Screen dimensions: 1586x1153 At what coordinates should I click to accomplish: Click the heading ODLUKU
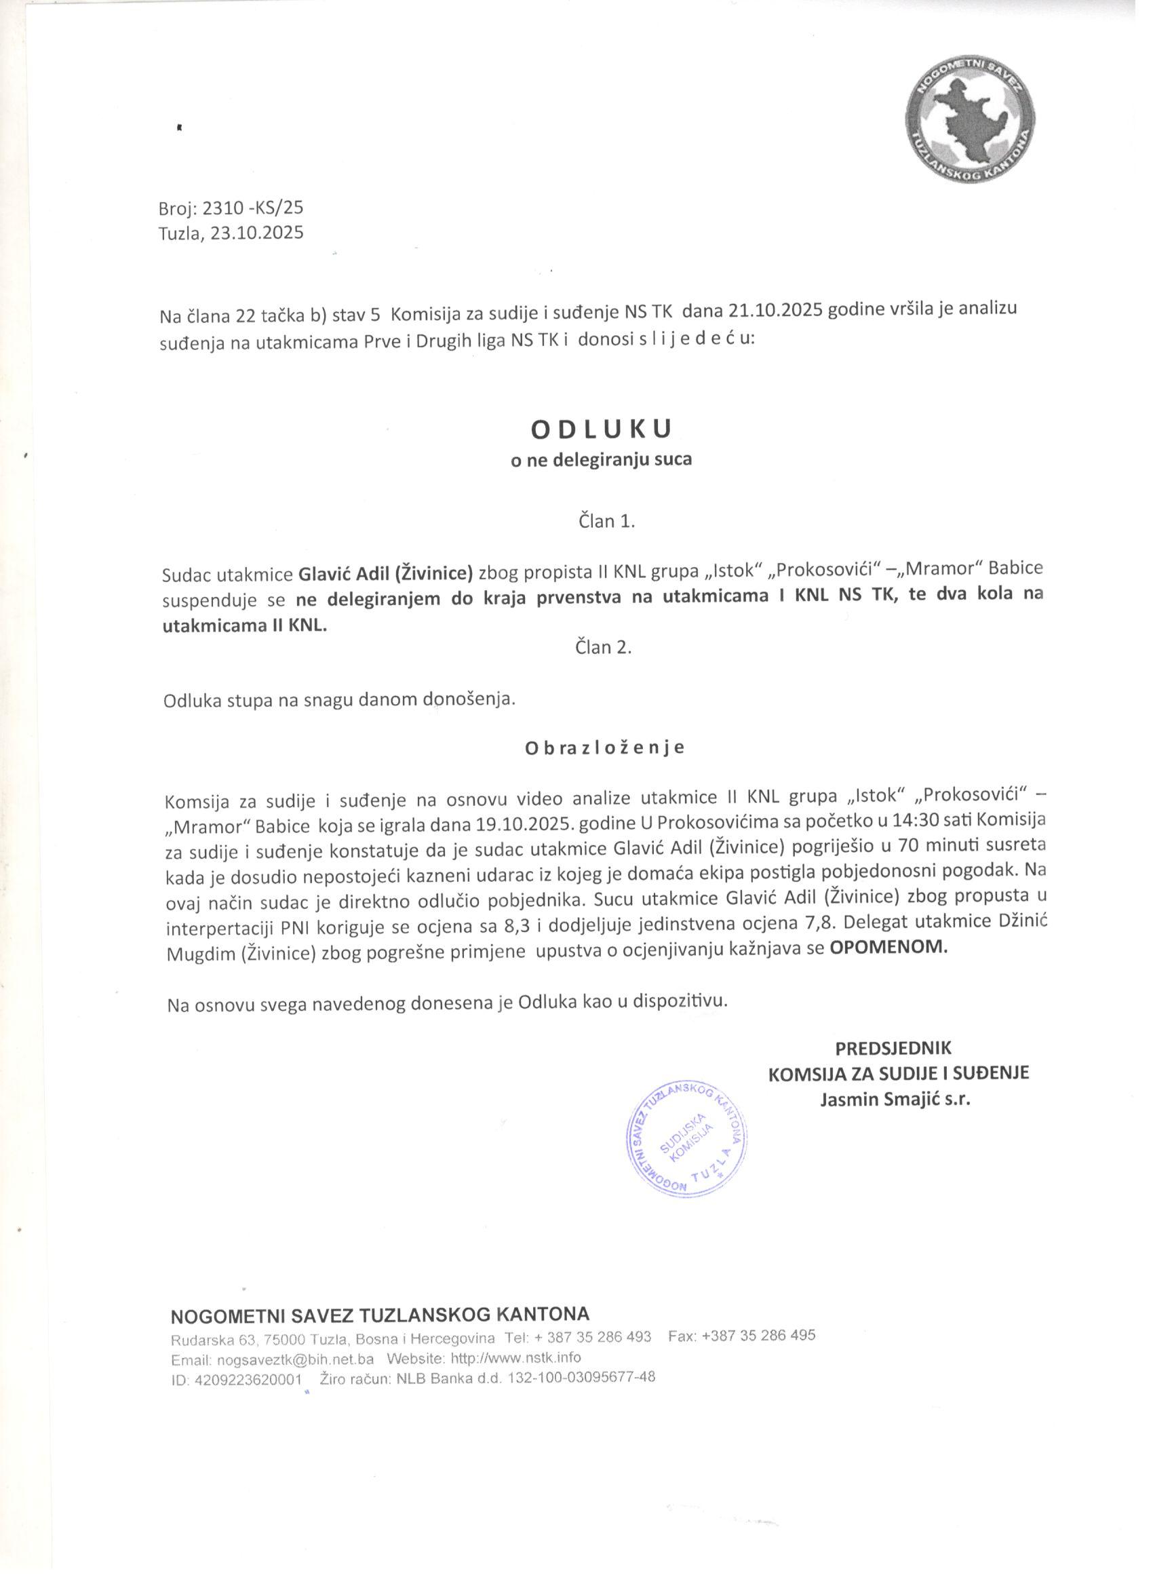click(602, 429)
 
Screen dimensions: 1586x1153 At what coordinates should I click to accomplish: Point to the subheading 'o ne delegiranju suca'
click(602, 460)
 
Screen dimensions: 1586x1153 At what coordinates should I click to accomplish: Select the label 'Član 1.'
click(606, 521)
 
